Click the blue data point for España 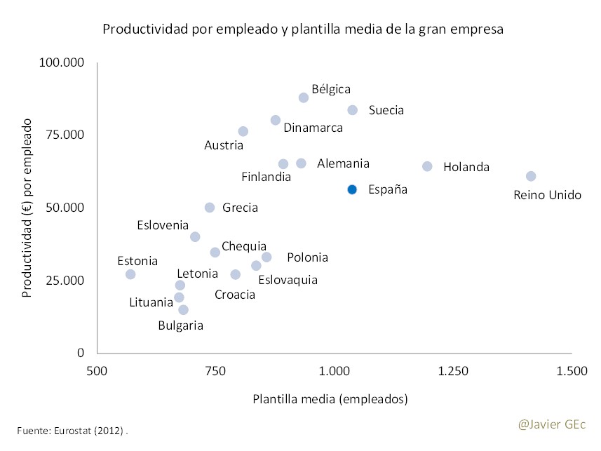(x=352, y=189)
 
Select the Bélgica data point (x=304, y=97)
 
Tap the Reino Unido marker (x=531, y=176)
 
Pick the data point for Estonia (x=130, y=274)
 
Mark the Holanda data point (x=427, y=166)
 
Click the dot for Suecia (x=353, y=110)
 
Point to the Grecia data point (x=210, y=208)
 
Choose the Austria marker (x=243, y=131)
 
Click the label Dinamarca (x=313, y=128)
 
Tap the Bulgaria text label (x=180, y=325)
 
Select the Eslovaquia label (x=288, y=280)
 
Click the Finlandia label (x=266, y=177)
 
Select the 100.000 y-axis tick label (x=62, y=63)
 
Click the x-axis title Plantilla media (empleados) (x=330, y=399)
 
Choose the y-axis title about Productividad (x=28, y=208)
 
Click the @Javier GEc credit (x=551, y=424)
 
